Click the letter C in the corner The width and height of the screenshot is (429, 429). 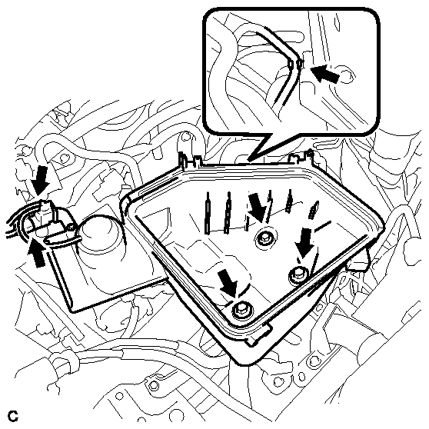click(x=13, y=416)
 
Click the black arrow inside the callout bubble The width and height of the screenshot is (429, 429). click(x=325, y=73)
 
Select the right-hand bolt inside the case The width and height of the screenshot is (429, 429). click(x=298, y=274)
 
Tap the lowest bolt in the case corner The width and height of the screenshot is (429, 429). click(x=242, y=311)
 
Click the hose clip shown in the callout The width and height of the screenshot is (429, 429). click(x=295, y=65)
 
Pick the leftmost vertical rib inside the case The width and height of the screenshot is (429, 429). click(x=208, y=213)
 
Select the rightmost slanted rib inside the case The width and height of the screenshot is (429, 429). click(x=314, y=210)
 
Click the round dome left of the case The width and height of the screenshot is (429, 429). click(x=98, y=231)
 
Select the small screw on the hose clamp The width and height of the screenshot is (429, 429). click(x=71, y=226)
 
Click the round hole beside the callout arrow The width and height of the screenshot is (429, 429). click(x=348, y=75)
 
